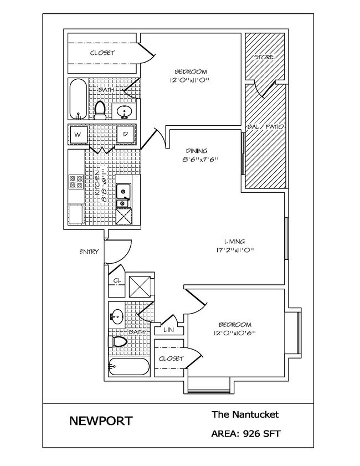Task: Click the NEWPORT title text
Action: tap(101, 421)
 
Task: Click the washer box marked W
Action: tap(78, 135)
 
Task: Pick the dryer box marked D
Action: tap(126, 135)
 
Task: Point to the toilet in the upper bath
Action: tap(100, 110)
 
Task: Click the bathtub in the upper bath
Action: tap(78, 99)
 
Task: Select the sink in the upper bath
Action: tap(125, 112)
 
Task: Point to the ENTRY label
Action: tap(89, 252)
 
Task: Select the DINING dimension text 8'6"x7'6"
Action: tap(197, 160)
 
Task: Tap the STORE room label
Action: tap(264, 58)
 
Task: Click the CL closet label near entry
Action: tap(117, 280)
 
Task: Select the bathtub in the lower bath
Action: tap(129, 367)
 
